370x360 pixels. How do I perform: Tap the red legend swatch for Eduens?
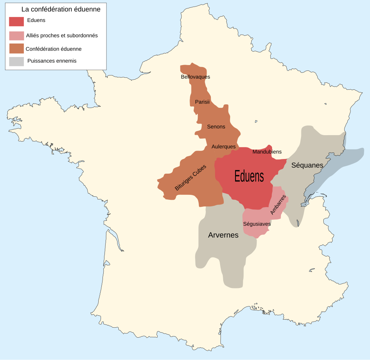(x=17, y=22)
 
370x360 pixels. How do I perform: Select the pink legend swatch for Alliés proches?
(x=17, y=35)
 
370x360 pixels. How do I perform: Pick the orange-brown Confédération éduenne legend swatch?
(x=17, y=49)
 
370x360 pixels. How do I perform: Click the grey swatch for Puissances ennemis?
(x=17, y=61)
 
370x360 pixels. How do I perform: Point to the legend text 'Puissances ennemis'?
(x=52, y=61)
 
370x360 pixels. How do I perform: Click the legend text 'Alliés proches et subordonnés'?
(x=62, y=35)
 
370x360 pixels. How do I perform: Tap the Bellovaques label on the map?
(x=195, y=77)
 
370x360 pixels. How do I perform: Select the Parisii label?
(x=202, y=102)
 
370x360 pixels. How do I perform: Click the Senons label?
(x=216, y=127)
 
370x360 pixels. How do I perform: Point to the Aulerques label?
(x=224, y=147)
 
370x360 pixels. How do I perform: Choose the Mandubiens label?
(x=267, y=152)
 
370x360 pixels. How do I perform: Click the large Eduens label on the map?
(x=249, y=177)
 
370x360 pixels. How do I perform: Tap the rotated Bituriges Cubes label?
(x=190, y=177)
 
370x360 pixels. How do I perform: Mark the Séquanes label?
(x=307, y=165)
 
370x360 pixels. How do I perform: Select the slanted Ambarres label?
(x=278, y=204)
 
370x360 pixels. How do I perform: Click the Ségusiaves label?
(x=257, y=224)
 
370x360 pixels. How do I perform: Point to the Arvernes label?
(x=223, y=235)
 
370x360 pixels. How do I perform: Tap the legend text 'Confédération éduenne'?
(x=54, y=49)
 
